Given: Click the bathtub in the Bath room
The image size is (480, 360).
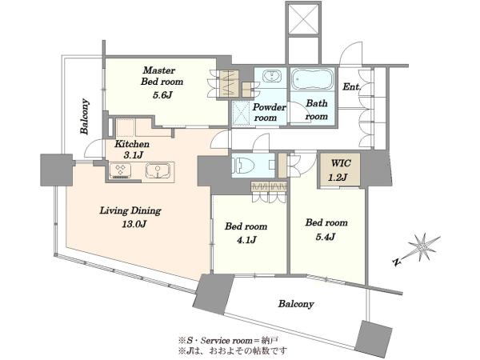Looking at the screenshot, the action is click(x=313, y=78).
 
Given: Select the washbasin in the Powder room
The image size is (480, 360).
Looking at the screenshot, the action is click(x=271, y=76).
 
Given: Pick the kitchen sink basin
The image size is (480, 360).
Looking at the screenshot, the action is click(x=158, y=170).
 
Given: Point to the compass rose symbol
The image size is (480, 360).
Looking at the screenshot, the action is click(x=422, y=246).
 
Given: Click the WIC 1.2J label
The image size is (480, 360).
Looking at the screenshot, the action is click(x=340, y=170).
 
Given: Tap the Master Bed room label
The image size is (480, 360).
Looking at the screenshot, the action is click(x=162, y=76).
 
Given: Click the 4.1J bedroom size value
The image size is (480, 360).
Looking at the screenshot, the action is click(x=246, y=240).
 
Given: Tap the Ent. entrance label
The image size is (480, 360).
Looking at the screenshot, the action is click(x=352, y=86).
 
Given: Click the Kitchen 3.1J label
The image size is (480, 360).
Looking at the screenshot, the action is click(x=132, y=149).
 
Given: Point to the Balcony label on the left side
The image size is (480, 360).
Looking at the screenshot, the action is click(x=85, y=116).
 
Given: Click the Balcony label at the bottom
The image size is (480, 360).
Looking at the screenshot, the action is click(x=296, y=304).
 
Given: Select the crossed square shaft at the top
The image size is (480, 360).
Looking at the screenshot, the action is click(x=303, y=18).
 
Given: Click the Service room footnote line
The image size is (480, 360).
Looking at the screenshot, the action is click(x=228, y=340).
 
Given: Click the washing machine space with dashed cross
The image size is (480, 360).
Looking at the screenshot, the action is click(x=242, y=113).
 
